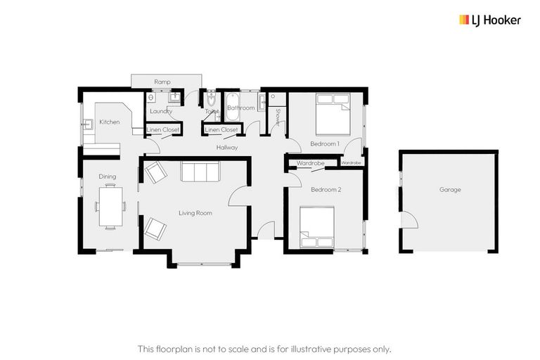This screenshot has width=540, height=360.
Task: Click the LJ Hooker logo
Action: pyautogui.click(x=490, y=20)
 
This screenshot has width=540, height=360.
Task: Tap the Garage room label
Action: pyautogui.click(x=450, y=189)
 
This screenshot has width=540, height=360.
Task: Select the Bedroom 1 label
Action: pyautogui.click(x=325, y=143)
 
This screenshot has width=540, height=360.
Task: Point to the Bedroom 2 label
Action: pyautogui.click(x=326, y=190)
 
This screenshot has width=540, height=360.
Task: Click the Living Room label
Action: pyautogui.click(x=195, y=213)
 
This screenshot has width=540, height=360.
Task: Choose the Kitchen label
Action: pyautogui.click(x=109, y=122)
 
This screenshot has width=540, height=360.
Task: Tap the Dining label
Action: pyautogui.click(x=107, y=176)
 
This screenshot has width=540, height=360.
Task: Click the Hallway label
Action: pyautogui.click(x=227, y=148)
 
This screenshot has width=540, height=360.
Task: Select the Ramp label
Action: pyautogui.click(x=162, y=82)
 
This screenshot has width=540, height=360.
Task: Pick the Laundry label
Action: pyautogui.click(x=162, y=111)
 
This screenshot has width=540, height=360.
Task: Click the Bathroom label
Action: pyautogui.click(x=240, y=108)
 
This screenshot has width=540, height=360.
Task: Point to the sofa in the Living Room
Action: pyautogui.click(x=200, y=172)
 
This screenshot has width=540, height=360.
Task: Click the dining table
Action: pyautogui.click(x=110, y=205)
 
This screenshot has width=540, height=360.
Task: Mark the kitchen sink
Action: pyautogui.click(x=90, y=125)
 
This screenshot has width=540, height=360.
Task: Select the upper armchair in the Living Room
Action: pyautogui.click(x=155, y=172)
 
